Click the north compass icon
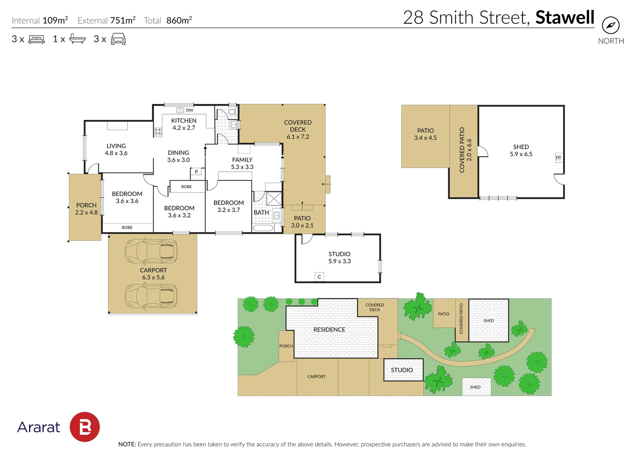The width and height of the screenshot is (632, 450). click(x=610, y=25)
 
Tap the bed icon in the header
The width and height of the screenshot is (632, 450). click(x=36, y=40)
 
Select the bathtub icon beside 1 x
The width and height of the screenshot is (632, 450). click(x=77, y=39)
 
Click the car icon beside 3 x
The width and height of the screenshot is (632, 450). click(x=118, y=39)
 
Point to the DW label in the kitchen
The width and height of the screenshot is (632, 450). click(x=190, y=110)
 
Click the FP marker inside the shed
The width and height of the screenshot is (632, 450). click(x=558, y=157)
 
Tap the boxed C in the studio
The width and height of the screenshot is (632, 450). click(x=319, y=277)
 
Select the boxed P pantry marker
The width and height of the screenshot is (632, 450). click(x=196, y=172)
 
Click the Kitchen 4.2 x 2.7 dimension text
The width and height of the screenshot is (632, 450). click(x=184, y=128)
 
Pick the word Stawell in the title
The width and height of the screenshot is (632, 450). click(x=565, y=17)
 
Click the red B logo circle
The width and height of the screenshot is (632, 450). click(x=85, y=427)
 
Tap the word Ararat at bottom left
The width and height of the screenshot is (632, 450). click(x=39, y=427)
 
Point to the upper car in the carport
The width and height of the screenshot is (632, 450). click(x=151, y=251)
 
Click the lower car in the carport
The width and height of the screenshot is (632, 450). click(x=151, y=296)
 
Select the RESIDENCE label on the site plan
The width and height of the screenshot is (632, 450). click(x=329, y=330)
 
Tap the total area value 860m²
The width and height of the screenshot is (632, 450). click(x=179, y=20)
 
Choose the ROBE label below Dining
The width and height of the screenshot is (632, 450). click(x=187, y=187)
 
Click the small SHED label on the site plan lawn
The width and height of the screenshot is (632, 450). click(x=475, y=387)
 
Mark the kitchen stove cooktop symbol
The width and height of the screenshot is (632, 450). click(x=158, y=132)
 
